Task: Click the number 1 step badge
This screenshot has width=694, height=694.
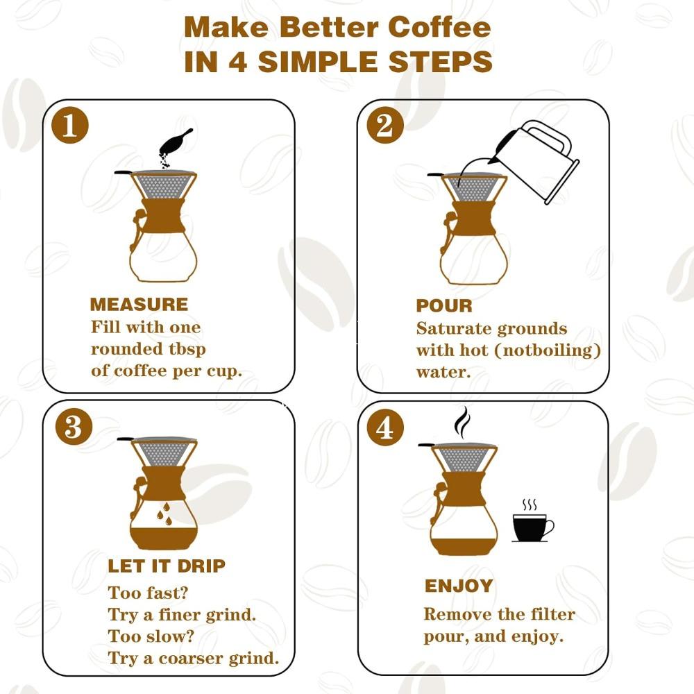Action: tap(70, 127)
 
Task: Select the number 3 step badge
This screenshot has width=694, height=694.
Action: tap(74, 428)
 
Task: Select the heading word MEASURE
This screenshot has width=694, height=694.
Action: tap(139, 305)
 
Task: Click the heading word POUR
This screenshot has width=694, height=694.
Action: tap(444, 306)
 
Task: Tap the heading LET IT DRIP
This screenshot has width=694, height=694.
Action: tap(167, 566)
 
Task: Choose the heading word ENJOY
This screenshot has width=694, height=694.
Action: tap(459, 586)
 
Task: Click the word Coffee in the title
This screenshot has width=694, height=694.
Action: tap(439, 28)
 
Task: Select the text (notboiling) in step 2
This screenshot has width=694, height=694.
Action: tap(541, 350)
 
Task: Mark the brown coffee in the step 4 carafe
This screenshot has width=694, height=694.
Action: tap(463, 545)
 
